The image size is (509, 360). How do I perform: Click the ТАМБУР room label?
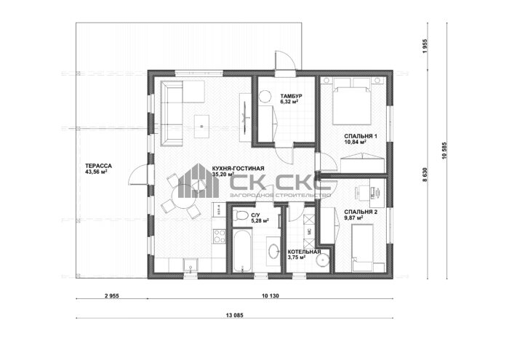point(291,96)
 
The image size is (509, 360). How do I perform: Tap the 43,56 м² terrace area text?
point(96,172)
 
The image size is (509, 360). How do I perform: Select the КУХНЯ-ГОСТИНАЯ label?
point(238,169)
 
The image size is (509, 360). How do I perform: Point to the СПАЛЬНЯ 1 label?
point(361,136)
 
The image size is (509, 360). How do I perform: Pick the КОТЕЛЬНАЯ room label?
point(304,252)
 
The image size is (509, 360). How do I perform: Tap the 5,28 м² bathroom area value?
point(260,221)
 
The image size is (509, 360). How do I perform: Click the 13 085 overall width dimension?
point(234,315)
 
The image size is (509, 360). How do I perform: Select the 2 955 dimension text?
point(112,296)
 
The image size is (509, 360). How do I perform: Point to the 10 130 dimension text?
point(270,296)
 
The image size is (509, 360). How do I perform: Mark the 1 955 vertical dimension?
point(425,47)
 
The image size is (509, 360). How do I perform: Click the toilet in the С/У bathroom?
point(241,215)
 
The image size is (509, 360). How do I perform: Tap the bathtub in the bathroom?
point(242,250)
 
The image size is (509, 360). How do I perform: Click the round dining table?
point(183,196)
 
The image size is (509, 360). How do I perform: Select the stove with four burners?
point(219,236)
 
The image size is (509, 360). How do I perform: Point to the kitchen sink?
point(191,265)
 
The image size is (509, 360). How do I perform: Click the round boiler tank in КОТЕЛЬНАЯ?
point(323,260)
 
